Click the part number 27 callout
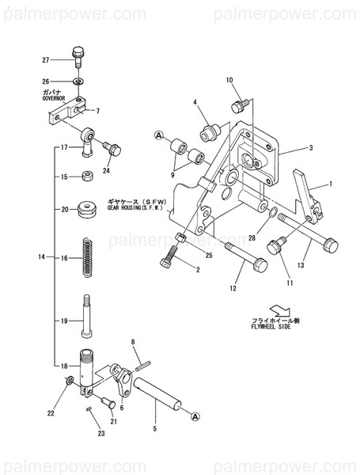point(45,60)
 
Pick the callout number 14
point(42,257)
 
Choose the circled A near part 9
point(157,136)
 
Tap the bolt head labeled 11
point(276,246)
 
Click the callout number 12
point(233,288)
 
